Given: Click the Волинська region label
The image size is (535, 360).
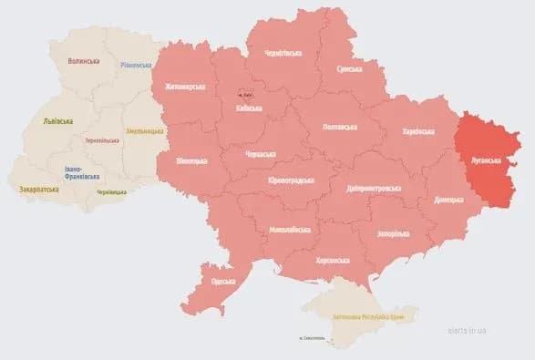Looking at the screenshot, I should point(84,61).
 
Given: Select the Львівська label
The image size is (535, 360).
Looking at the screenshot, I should point(59,120).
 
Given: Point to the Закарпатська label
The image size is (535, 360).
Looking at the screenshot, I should point(40,190).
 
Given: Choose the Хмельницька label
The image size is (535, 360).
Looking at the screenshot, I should point(144,130).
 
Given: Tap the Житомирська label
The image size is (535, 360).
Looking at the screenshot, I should point(185,87).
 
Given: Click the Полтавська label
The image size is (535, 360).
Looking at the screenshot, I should point(340,127).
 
